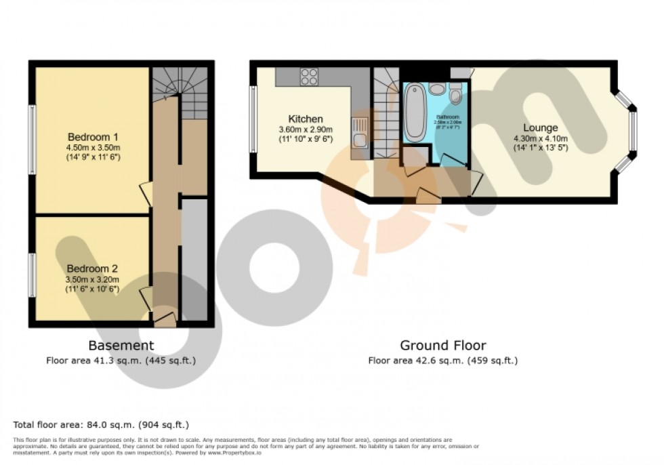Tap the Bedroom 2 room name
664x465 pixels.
tap(91, 268)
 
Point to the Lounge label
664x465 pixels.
tap(540, 127)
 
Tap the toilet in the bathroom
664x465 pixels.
tap(455, 97)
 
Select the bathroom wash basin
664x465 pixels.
tap(437, 89)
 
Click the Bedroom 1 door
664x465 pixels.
tap(145, 193)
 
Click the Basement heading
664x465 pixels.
tap(121, 346)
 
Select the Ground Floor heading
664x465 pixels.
tap(442, 346)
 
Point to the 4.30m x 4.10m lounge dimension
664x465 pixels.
tap(540, 138)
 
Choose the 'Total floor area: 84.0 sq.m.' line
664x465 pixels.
tap(101, 425)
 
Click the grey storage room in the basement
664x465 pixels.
tap(194, 258)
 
